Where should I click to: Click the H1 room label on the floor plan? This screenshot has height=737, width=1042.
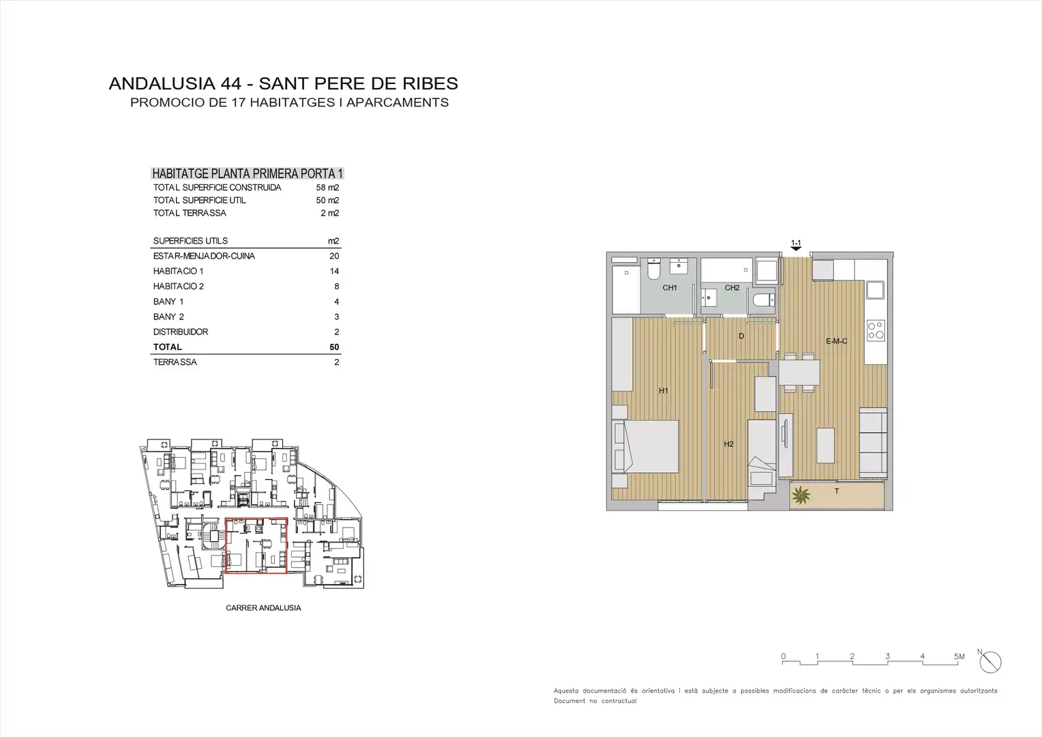(x=664, y=390)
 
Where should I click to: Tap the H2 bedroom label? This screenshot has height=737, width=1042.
(x=728, y=444)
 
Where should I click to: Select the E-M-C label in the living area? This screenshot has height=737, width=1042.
(x=836, y=341)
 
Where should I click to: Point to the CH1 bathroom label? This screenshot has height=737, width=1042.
(x=670, y=288)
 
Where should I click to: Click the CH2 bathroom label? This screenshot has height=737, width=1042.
(x=732, y=288)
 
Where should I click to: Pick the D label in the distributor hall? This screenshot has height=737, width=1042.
(x=741, y=336)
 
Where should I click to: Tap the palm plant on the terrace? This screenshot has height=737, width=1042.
(x=801, y=495)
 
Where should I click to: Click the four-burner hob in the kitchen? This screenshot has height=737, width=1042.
(x=876, y=330)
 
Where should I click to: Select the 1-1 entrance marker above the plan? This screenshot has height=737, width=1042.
(x=796, y=245)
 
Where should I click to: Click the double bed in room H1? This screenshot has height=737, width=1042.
(x=645, y=447)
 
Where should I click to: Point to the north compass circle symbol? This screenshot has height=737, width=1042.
(x=990, y=662)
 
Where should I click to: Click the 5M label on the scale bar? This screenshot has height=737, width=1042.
(x=959, y=656)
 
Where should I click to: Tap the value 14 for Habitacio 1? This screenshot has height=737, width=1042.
(x=334, y=272)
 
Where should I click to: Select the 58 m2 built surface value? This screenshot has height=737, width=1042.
(x=327, y=188)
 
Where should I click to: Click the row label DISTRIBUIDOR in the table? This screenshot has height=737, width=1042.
(x=181, y=332)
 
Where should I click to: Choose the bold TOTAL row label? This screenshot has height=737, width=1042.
(x=168, y=347)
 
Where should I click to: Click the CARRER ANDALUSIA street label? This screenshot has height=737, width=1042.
(x=263, y=608)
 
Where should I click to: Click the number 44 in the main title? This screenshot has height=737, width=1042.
(x=231, y=83)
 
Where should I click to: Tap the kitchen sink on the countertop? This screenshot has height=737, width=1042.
(x=875, y=290)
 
